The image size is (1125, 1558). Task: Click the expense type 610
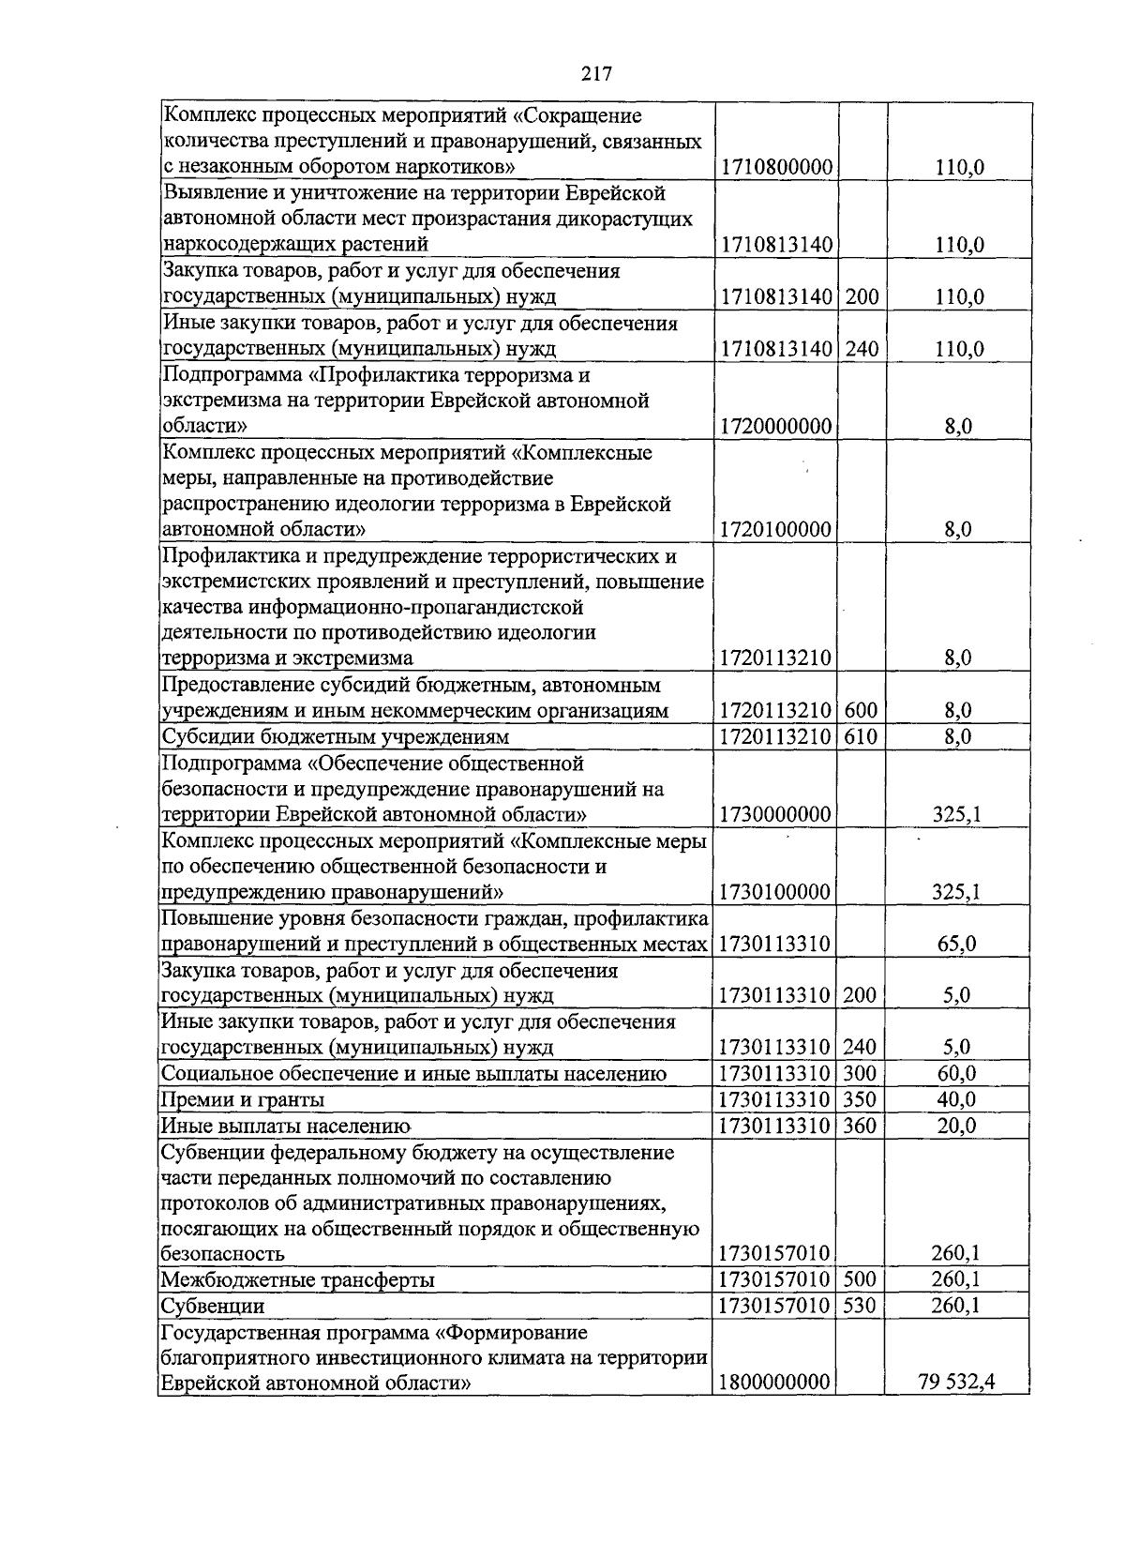[x=861, y=736]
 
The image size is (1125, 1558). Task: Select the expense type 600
[x=861, y=710]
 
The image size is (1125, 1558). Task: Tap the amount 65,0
[x=956, y=944]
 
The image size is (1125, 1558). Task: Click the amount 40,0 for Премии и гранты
[x=956, y=1099]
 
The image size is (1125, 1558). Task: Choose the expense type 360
[x=860, y=1126]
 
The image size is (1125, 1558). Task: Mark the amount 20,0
[x=956, y=1126]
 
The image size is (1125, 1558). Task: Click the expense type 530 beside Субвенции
[x=860, y=1306]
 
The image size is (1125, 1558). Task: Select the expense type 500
[x=860, y=1279]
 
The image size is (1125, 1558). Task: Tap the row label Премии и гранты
[x=243, y=1099]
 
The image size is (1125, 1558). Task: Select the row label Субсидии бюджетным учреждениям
[x=335, y=737]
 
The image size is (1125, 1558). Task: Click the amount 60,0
[x=956, y=1073]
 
